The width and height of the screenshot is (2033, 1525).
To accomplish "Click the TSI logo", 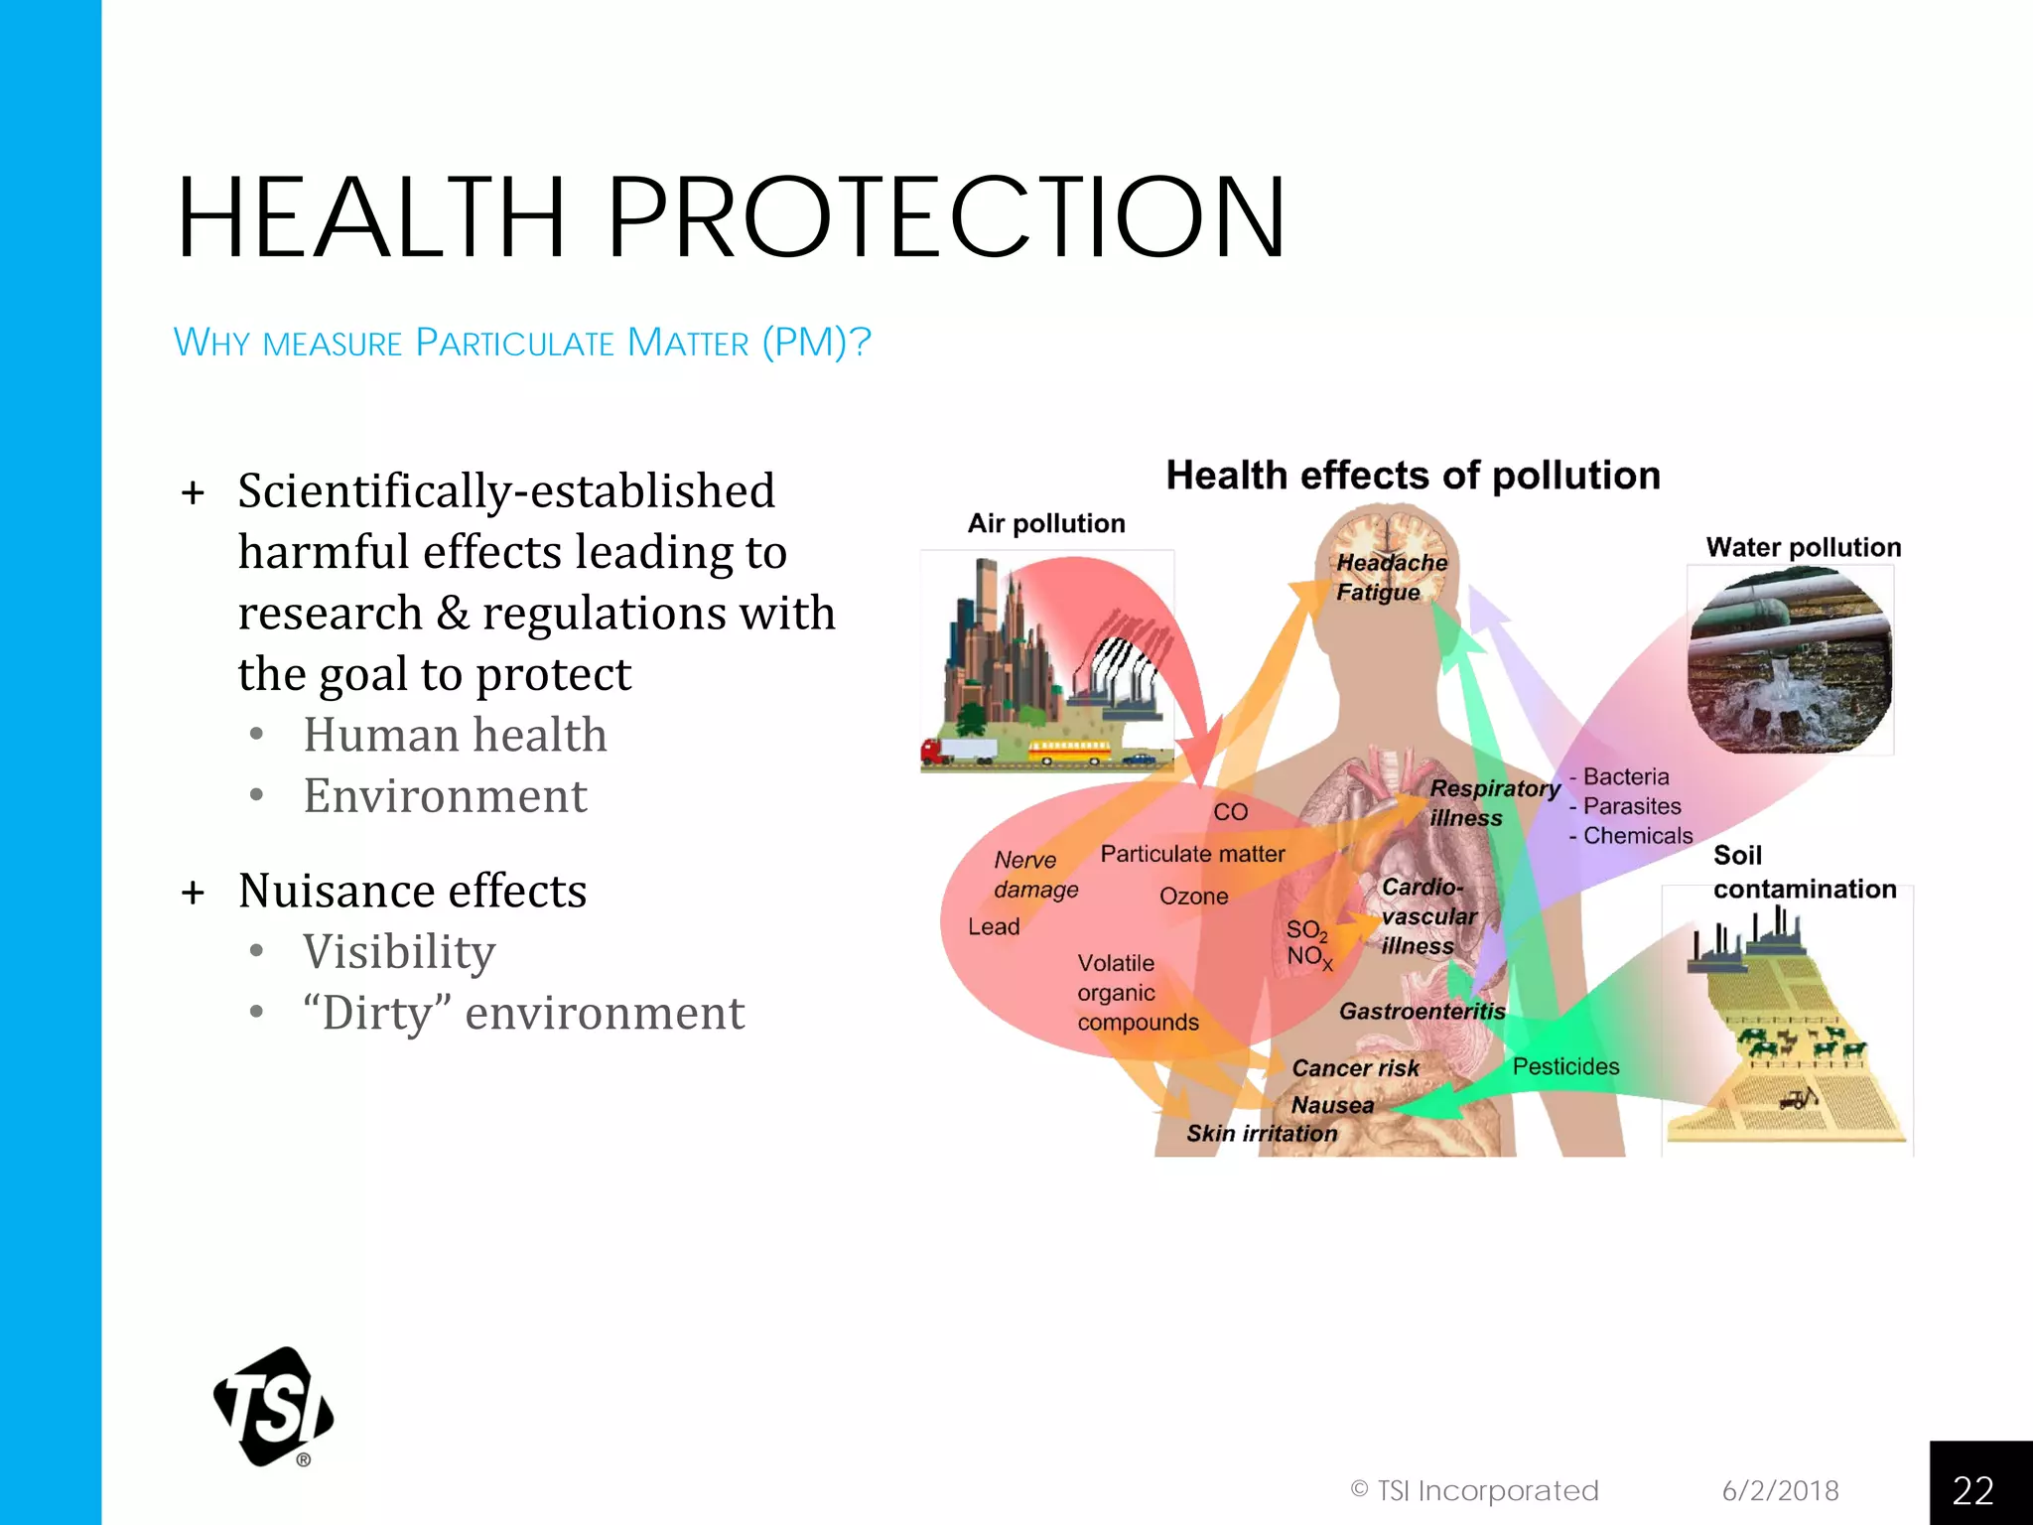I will point(274,1406).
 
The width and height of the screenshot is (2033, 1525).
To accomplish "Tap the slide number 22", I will point(1972,1490).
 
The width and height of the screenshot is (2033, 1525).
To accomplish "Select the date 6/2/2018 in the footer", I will point(1780,1490).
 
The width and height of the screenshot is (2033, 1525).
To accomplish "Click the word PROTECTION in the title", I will point(945,217).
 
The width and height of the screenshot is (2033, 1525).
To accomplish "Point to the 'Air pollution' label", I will point(1046,523).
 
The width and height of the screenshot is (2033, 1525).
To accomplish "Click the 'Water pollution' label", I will point(1803,547).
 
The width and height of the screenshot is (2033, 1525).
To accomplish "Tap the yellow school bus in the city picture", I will point(1069,752).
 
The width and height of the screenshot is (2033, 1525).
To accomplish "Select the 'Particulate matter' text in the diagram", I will point(1192,854).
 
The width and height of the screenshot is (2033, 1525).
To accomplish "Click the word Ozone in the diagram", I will point(1193,897).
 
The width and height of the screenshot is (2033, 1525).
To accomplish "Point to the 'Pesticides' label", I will point(1565,1066).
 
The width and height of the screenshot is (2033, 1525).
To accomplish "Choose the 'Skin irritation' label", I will point(1262,1133).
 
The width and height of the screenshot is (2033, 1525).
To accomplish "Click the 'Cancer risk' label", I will point(1355,1068).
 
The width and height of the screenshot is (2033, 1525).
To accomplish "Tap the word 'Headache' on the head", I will point(1392,562).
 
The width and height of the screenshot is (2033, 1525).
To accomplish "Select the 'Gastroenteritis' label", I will point(1422,1012).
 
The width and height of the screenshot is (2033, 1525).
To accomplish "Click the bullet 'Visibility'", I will point(399,952).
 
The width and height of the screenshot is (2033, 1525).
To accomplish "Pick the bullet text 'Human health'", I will point(455,735).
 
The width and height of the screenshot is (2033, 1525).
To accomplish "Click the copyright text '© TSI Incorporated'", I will point(1474,1490).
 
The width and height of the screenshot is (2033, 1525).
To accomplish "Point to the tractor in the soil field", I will point(1797,1098).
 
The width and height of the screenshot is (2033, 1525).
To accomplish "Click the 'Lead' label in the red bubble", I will point(994,927).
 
